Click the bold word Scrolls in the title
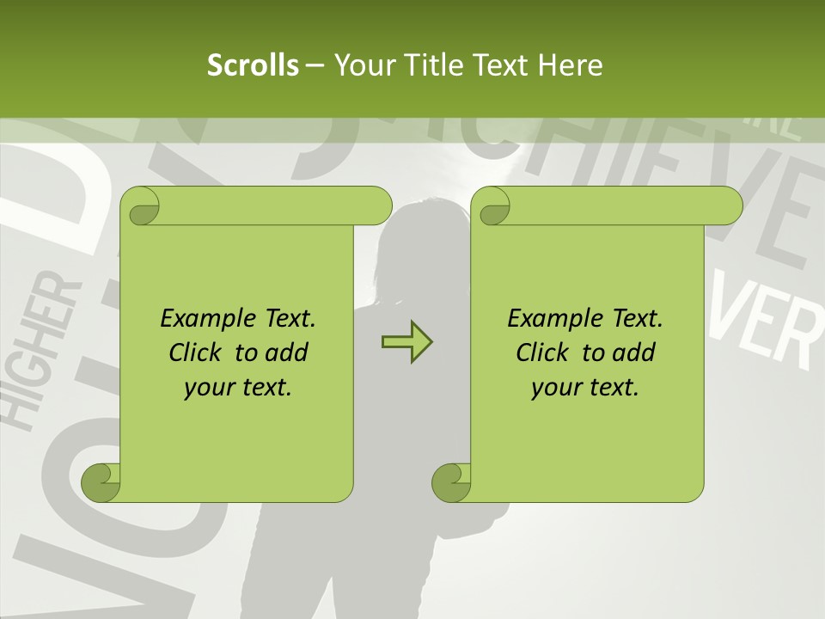coord(253,65)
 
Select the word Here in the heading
coord(570,65)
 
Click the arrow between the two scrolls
coord(406,342)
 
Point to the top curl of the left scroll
coord(140,207)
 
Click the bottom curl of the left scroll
coord(101,482)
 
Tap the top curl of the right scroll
coord(491,207)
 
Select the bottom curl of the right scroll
coord(451,482)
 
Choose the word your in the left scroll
coord(209,388)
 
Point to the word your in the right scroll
coord(556,388)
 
